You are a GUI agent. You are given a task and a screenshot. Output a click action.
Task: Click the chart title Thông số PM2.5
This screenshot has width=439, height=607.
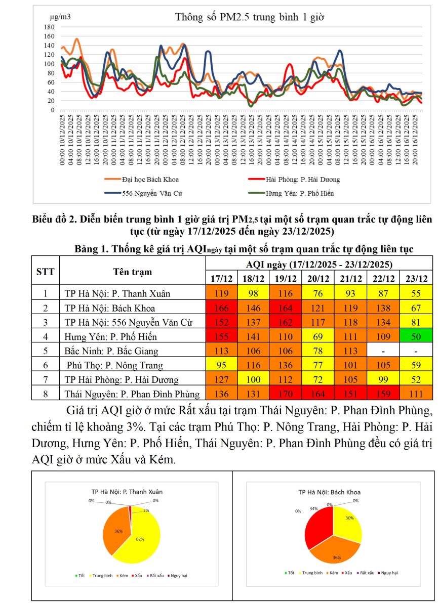[250, 17]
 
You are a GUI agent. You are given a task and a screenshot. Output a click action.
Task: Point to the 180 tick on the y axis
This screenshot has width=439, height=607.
[49, 27]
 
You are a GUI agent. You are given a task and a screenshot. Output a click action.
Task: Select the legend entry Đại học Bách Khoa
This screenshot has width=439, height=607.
[150, 180]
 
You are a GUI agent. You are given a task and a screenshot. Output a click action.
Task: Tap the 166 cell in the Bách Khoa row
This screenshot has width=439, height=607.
[221, 308]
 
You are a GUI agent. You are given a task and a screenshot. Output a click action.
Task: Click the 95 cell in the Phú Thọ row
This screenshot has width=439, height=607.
[221, 365]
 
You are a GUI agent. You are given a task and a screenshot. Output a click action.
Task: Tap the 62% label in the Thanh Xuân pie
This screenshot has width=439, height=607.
[140, 539]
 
